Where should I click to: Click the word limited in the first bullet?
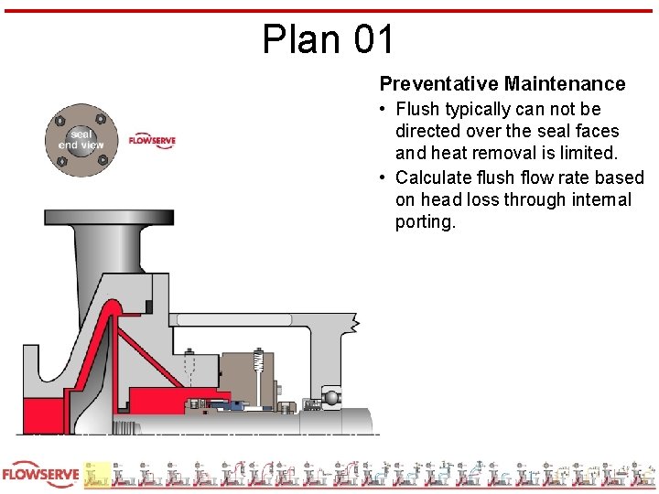pyautogui.click(x=585, y=154)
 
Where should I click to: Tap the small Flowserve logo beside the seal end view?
pyautogui.click(x=152, y=141)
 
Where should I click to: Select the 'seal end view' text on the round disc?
pyautogui.click(x=81, y=139)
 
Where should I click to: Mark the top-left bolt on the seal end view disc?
pyautogui.click(x=60, y=120)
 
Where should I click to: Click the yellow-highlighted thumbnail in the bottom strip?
pyautogui.click(x=97, y=474)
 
